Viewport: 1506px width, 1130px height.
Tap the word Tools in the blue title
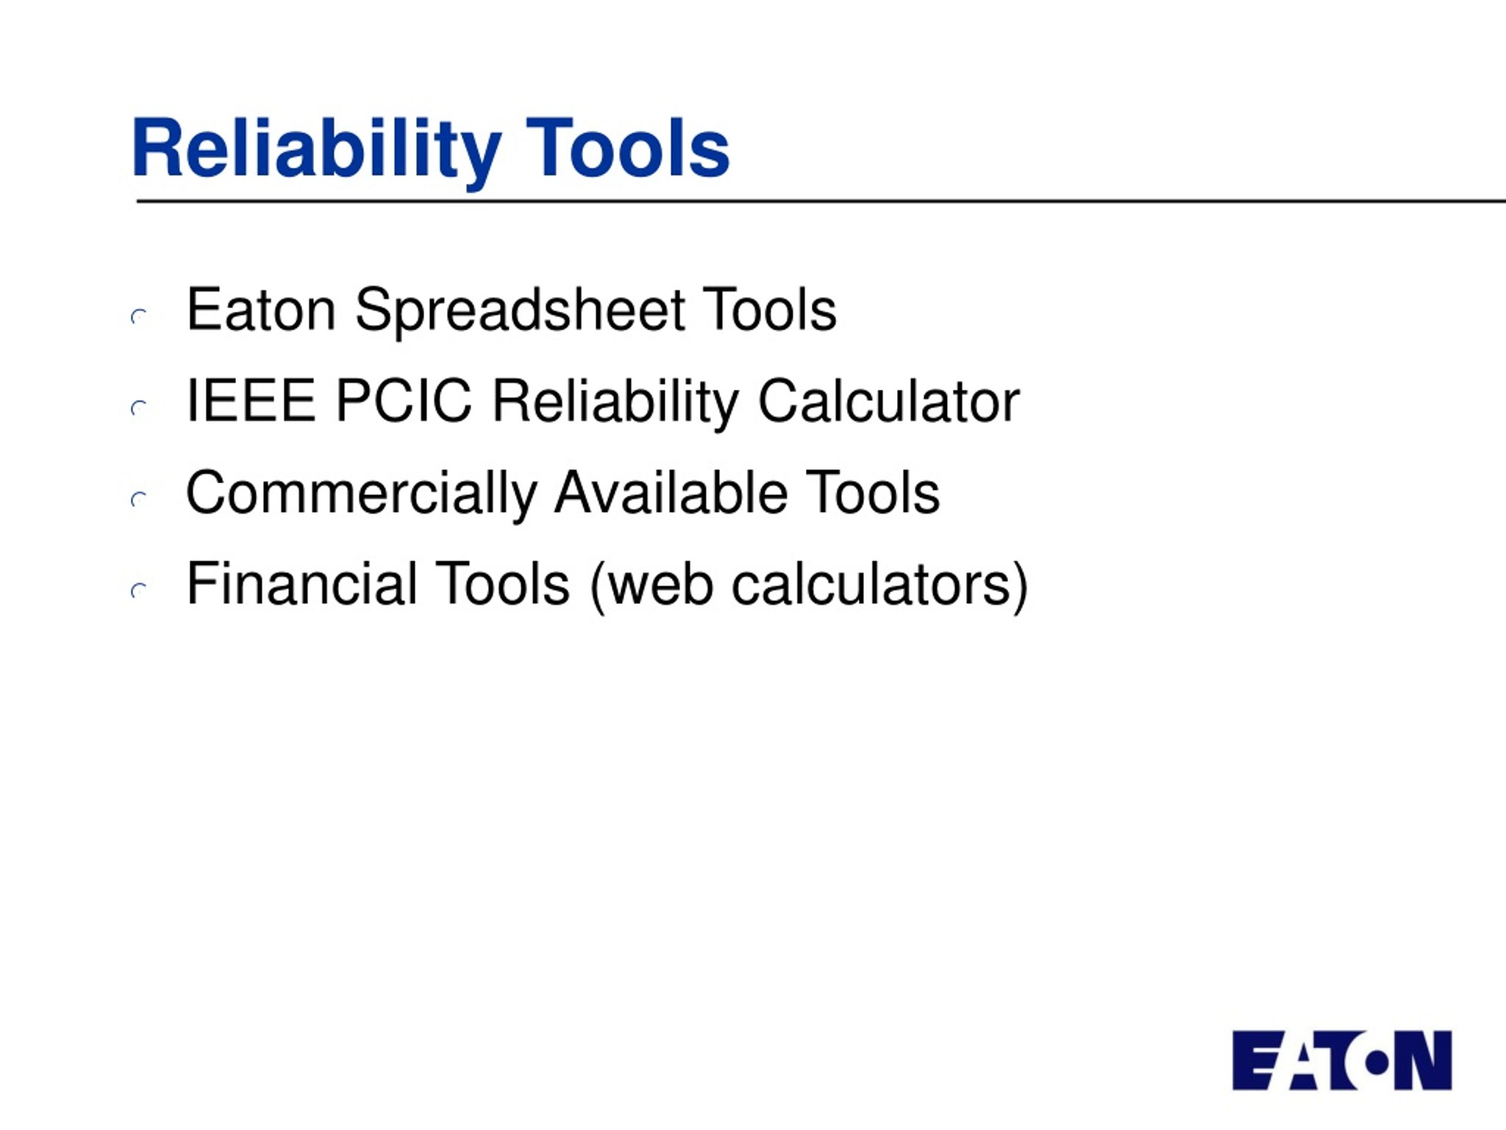(x=628, y=148)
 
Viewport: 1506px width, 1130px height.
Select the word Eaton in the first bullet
(x=261, y=310)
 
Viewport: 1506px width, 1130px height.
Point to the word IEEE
(x=251, y=401)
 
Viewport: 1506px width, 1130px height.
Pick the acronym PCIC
(x=404, y=401)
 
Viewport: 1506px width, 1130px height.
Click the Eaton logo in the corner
(x=1342, y=1061)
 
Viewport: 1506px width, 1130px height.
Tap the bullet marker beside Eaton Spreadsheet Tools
(x=139, y=317)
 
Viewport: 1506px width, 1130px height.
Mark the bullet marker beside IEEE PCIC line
(x=139, y=408)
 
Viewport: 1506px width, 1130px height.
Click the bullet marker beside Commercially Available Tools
(x=139, y=499)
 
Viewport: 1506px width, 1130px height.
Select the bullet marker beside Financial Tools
(x=139, y=590)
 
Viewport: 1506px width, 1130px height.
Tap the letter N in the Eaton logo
(x=1423, y=1061)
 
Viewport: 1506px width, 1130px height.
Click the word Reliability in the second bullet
(x=615, y=403)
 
